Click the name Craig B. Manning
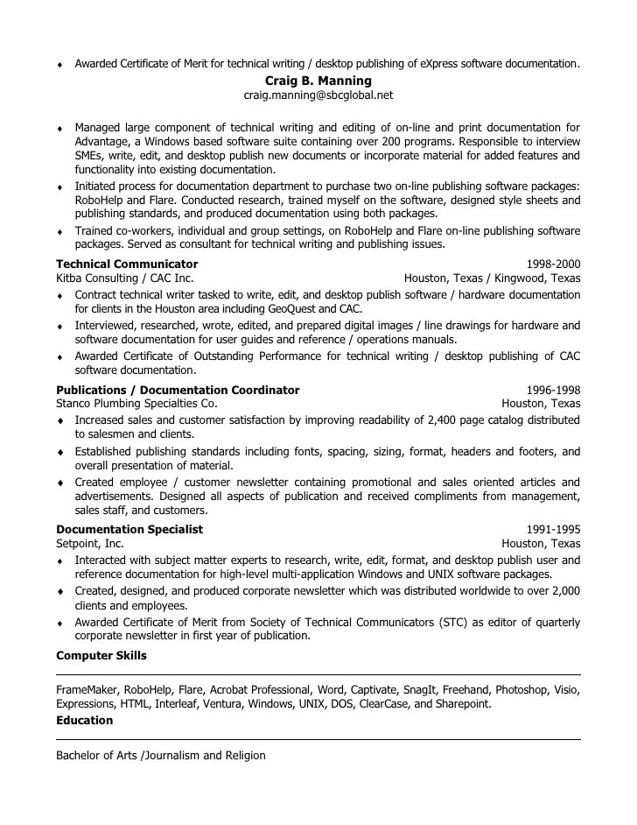click(318, 81)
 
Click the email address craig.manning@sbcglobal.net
click(318, 95)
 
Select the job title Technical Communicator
click(127, 264)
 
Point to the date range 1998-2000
click(553, 264)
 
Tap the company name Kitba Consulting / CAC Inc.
click(125, 278)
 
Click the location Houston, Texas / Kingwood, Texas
click(492, 278)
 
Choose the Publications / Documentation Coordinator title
click(178, 390)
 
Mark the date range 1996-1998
click(553, 390)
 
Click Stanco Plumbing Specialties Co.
click(136, 404)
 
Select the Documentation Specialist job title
click(129, 529)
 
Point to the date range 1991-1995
click(553, 529)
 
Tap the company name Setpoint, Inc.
click(90, 543)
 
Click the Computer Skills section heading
click(101, 655)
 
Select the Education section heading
click(85, 720)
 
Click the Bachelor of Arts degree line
click(161, 755)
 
